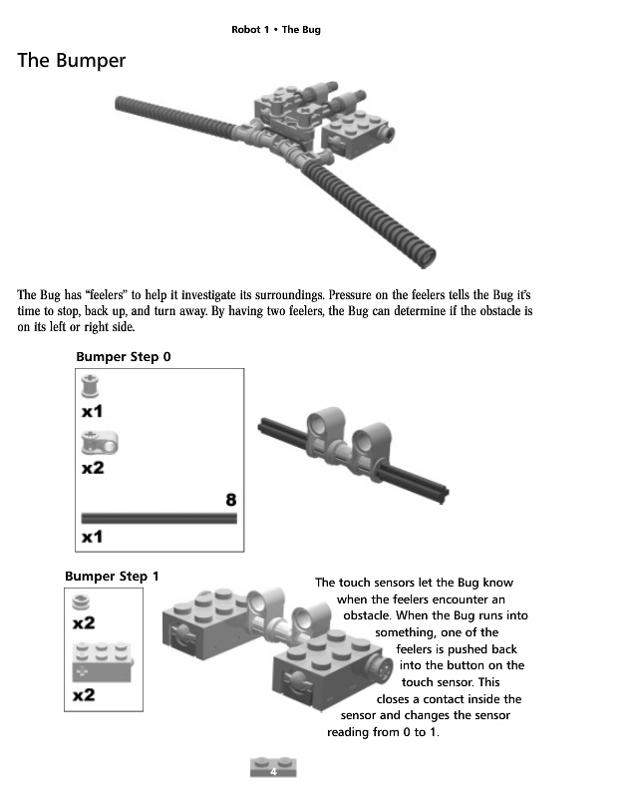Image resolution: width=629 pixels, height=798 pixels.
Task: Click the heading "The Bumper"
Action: click(72, 61)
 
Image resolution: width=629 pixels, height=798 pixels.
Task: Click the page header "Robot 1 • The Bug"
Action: click(276, 30)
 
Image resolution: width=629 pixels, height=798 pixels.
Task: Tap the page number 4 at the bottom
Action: click(271, 771)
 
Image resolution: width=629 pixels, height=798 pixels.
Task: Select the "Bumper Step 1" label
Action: click(112, 577)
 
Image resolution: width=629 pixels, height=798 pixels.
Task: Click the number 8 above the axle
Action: click(230, 499)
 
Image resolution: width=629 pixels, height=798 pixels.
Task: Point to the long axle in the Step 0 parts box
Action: click(158, 518)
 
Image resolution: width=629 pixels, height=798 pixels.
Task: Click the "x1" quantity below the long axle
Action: click(92, 537)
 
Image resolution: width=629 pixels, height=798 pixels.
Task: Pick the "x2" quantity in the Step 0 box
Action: click(92, 467)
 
